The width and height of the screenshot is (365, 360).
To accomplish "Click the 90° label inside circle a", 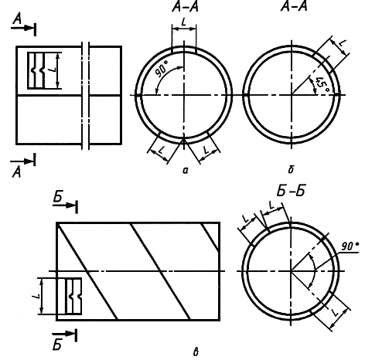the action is pyautogui.click(x=162, y=70).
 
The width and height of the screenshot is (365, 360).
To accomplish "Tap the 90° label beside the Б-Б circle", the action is pyautogui.click(x=350, y=246).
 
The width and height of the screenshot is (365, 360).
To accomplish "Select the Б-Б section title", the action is pyautogui.click(x=291, y=191).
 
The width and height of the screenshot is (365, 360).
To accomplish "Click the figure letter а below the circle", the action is pyautogui.click(x=186, y=170).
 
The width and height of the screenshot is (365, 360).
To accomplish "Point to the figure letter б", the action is pyautogui.click(x=291, y=170).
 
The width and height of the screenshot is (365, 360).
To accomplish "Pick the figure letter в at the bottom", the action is pyautogui.click(x=196, y=352).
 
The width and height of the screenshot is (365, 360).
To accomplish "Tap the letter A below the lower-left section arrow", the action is pyautogui.click(x=16, y=172).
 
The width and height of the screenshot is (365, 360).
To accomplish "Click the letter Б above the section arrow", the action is pyautogui.click(x=58, y=197).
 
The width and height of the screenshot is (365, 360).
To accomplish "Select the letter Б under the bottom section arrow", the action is pyautogui.click(x=57, y=345).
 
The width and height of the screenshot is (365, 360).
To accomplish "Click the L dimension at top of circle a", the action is pyautogui.click(x=183, y=22).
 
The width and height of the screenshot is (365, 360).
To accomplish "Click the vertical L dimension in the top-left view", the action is pyautogui.click(x=53, y=70).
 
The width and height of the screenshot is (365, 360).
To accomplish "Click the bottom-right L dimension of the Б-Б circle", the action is pyautogui.click(x=335, y=312).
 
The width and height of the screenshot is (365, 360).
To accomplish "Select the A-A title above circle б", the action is pyautogui.click(x=294, y=7).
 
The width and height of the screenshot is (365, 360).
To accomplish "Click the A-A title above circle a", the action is pyautogui.click(x=186, y=7).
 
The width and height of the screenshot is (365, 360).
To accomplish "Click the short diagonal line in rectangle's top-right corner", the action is pyautogui.click(x=210, y=237).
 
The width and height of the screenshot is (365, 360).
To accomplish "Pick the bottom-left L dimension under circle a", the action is pyautogui.click(x=161, y=150).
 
